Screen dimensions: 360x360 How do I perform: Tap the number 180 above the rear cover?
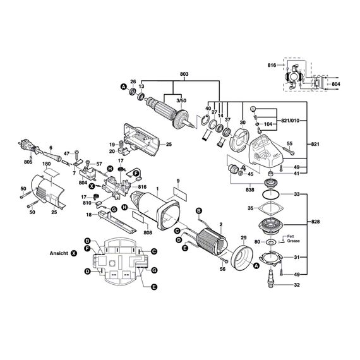coord(46,164)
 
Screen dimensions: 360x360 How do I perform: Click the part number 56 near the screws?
coord(222,270)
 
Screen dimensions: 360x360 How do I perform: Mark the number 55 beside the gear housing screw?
coord(291,145)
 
